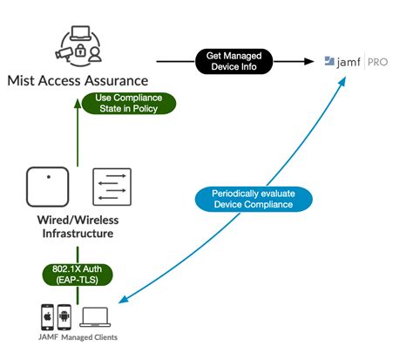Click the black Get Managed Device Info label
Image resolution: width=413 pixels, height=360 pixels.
click(234, 61)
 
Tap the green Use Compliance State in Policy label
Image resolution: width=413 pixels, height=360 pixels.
click(129, 103)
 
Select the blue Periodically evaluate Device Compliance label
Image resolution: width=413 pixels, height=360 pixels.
click(254, 199)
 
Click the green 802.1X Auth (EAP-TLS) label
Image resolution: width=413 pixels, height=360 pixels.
click(78, 275)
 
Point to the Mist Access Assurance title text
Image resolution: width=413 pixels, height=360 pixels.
click(78, 81)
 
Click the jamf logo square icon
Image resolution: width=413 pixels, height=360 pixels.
click(329, 61)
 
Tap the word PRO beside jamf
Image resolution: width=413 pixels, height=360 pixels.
click(377, 62)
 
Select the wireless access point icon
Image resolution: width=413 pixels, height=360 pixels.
click(48, 187)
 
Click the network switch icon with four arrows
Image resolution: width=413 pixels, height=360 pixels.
click(112, 187)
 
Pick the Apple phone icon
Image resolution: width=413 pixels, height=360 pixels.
click(47, 317)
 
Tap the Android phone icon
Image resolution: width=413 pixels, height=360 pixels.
click(64, 317)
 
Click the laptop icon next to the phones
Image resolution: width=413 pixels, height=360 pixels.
click(95, 317)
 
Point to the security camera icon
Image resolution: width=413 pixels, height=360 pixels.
click(64, 54)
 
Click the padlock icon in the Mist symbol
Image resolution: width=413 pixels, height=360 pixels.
click(80, 51)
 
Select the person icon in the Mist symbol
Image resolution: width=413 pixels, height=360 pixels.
click(95, 54)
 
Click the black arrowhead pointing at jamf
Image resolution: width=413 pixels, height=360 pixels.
click(309, 61)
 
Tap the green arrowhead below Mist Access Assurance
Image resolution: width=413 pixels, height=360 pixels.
click(78, 104)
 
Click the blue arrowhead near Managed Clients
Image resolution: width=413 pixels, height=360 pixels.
click(123, 300)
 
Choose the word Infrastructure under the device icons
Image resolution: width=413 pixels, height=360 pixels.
click(78, 234)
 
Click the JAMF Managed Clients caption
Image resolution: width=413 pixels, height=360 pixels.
click(78, 337)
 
